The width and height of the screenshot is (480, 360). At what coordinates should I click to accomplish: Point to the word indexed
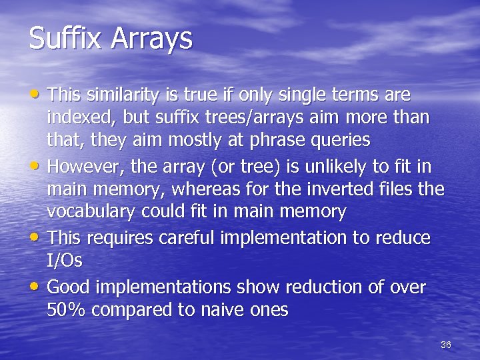pos(79,119)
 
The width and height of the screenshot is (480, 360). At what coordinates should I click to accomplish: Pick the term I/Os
pos(65,261)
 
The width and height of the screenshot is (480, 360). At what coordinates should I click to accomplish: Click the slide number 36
pos(446,345)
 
